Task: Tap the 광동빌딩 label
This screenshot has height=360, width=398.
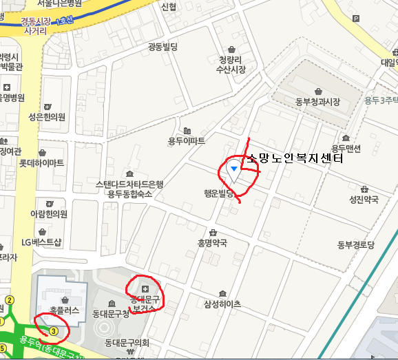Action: coord(163,47)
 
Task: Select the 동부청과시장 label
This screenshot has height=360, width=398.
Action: coord(317,102)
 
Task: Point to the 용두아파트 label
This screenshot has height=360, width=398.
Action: coord(187,141)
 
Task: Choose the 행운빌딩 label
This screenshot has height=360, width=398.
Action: coord(219,193)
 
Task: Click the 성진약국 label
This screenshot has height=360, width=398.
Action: coord(364,200)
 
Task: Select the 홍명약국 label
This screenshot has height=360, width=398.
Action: coord(212,242)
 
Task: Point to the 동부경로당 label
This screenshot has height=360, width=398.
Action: coord(355,244)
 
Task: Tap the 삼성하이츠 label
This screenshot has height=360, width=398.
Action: coord(222,304)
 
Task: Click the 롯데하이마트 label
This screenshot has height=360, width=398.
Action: coord(41,163)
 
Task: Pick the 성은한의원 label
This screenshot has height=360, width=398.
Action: coord(47,116)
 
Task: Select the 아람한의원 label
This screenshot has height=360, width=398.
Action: coord(49,214)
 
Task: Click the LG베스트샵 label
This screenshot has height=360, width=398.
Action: coord(41,242)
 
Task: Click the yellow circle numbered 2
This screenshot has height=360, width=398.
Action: coord(10,300)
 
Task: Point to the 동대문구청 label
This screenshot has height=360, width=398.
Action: coord(111,314)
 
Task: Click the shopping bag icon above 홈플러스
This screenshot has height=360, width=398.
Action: coord(64,300)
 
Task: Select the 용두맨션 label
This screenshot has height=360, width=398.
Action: coord(346,148)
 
